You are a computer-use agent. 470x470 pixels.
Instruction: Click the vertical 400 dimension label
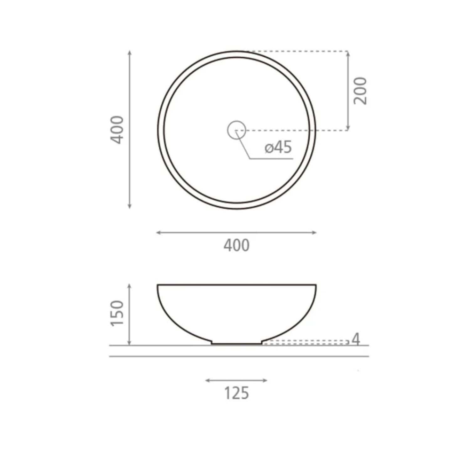coord(118,130)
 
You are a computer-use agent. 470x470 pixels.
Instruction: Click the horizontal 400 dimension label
coord(237,245)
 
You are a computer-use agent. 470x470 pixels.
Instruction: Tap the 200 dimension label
coord(360,91)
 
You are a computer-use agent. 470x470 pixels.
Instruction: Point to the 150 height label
coord(118,313)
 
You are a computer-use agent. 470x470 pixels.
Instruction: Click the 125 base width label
coord(237,393)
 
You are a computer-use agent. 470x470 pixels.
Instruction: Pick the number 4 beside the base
coord(356,339)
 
